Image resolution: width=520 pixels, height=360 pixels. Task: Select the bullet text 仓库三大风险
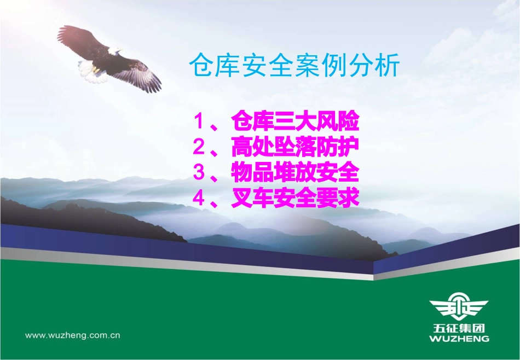coord(295,120)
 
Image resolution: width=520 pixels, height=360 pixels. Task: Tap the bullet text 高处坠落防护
coord(295,146)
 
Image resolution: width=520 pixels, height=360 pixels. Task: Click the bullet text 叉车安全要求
coord(295,198)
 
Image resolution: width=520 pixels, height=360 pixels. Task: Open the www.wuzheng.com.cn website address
coord(73,335)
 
